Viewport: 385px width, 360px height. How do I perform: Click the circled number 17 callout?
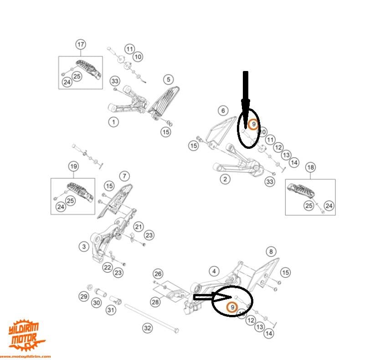(81, 45)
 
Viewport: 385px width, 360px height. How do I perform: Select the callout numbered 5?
(168, 80)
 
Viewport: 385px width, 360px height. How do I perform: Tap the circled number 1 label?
(113, 122)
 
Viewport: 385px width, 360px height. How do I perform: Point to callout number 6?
(223, 111)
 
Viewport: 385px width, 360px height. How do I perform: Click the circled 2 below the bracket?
(225, 179)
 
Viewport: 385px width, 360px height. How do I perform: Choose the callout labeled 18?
(310, 167)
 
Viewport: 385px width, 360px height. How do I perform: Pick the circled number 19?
(73, 166)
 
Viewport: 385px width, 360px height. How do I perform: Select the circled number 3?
(84, 247)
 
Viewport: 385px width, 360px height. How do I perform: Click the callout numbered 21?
(139, 227)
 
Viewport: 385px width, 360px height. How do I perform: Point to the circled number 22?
(107, 267)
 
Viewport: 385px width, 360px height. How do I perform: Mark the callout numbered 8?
(271, 251)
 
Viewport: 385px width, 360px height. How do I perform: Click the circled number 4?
(214, 272)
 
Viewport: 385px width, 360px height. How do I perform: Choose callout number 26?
(158, 274)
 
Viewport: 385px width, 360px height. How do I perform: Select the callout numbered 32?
(147, 327)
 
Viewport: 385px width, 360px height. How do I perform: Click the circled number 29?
(83, 297)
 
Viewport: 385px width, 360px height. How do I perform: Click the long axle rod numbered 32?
(150, 319)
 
